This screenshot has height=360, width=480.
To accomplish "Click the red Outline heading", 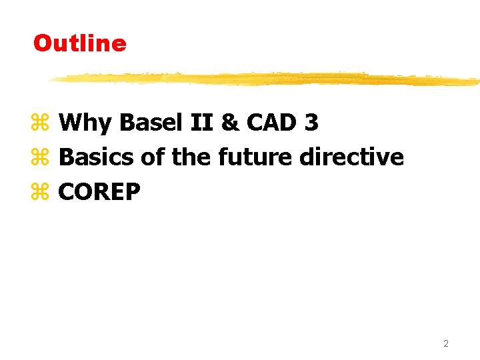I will [x=79, y=43].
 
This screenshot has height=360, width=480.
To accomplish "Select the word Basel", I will [x=139, y=123].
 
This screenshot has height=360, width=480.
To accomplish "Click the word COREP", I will [x=99, y=192].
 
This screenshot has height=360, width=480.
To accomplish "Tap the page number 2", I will [x=446, y=344].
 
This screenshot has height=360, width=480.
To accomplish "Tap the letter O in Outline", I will [x=42, y=43].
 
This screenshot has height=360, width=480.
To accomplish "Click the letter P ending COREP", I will [x=133, y=192].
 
